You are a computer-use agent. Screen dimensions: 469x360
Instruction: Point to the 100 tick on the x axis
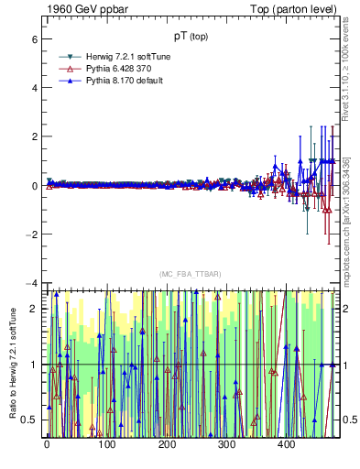click(107, 445)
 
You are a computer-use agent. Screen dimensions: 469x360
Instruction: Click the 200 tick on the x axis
click(167, 445)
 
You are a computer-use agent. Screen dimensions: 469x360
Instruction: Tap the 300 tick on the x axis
click(226, 445)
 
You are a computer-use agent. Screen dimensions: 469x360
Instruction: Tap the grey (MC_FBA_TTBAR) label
click(191, 275)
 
